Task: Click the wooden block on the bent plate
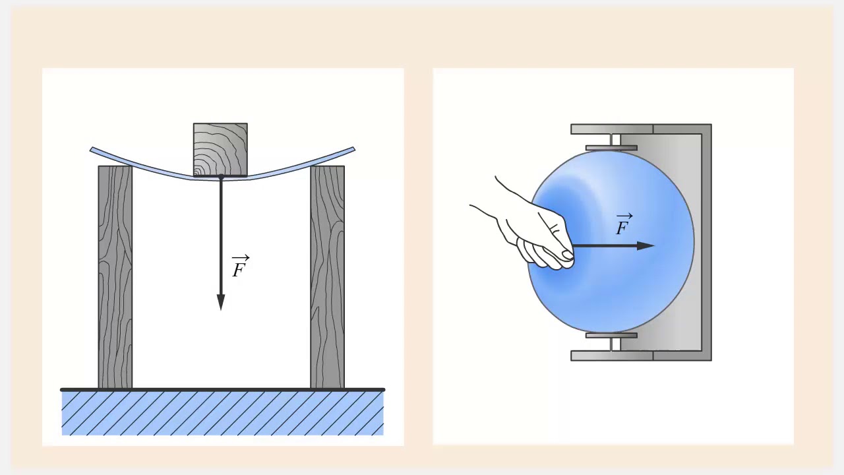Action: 220,150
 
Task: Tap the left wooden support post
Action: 115,277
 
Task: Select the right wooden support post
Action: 328,277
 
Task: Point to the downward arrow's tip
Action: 221,310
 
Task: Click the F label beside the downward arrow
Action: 240,267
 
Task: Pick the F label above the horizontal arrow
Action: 624,224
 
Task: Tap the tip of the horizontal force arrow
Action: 654,246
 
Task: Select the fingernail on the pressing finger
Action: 568,255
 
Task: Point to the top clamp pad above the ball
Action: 611,148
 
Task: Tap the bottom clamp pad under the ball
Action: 611,336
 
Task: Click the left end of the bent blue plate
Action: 91,150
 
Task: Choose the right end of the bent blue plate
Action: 353,149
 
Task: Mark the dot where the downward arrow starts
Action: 221,177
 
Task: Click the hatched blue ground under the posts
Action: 223,414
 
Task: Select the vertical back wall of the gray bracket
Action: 706,242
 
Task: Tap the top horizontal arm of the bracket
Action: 640,129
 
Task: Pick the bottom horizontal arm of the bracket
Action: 640,356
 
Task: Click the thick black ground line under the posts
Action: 223,390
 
